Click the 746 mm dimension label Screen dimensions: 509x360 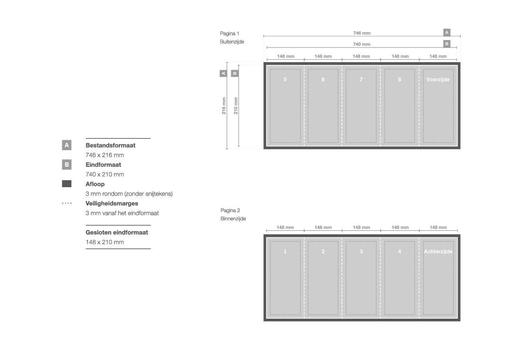point(362,33)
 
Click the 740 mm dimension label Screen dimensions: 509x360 point(362,44)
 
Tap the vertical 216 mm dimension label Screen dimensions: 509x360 point(224,105)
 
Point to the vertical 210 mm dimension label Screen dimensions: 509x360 point(236,105)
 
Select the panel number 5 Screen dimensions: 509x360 point(285,80)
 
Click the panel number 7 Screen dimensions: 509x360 point(361,80)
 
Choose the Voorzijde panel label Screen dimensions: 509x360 point(438,80)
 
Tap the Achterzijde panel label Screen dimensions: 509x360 point(438,252)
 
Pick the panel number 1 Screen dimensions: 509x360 point(285,252)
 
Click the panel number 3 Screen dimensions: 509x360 point(361,252)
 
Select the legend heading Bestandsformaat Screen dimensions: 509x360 point(110,145)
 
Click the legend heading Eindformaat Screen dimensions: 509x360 point(103,165)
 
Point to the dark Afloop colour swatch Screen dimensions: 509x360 point(67,184)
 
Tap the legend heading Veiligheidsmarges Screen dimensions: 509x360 point(111,204)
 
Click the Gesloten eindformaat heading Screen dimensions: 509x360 point(117,232)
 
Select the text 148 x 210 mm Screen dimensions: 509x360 point(105,242)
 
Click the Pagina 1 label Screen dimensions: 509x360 point(229,34)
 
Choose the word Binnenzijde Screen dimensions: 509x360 point(233,219)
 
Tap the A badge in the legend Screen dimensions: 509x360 point(67,145)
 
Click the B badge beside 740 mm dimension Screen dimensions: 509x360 point(447,44)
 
